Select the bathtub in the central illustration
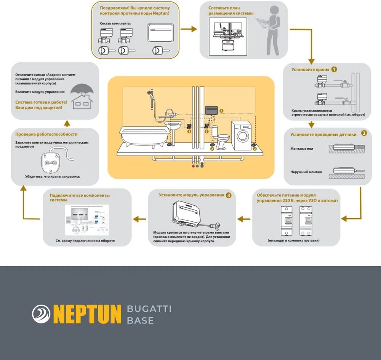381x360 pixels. click(x=143, y=135)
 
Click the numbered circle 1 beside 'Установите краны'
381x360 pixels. click(x=334, y=70)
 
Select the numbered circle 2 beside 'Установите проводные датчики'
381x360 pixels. click(x=364, y=134)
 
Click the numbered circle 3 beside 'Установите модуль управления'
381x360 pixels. click(x=228, y=195)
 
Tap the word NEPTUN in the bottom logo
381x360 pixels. click(x=87, y=313)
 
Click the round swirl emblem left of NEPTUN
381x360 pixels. click(x=41, y=313)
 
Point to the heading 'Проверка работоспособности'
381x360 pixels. click(x=46, y=134)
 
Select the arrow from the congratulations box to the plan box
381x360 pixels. click(x=189, y=29)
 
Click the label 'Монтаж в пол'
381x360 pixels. click(x=302, y=149)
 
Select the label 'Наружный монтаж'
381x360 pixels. click(x=306, y=172)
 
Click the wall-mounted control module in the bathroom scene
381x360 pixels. click(x=211, y=110)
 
